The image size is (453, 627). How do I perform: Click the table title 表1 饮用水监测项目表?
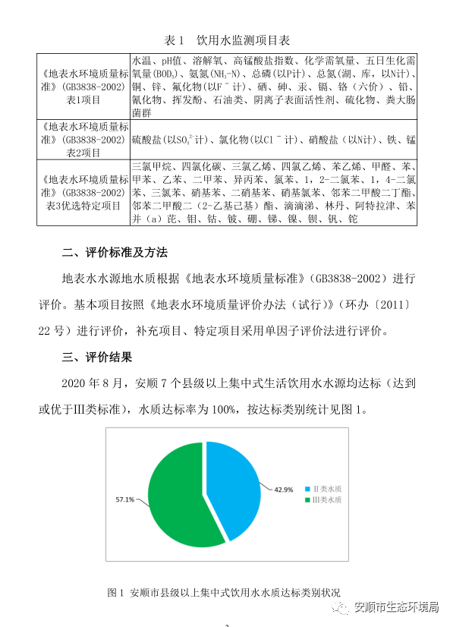pos(227,39)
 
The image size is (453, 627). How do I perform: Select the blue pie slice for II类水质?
pos(234,486)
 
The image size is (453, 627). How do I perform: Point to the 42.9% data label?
pos(283,490)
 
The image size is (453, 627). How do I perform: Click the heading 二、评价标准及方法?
pos(115,252)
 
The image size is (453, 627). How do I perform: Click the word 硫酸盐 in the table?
pos(147,140)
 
